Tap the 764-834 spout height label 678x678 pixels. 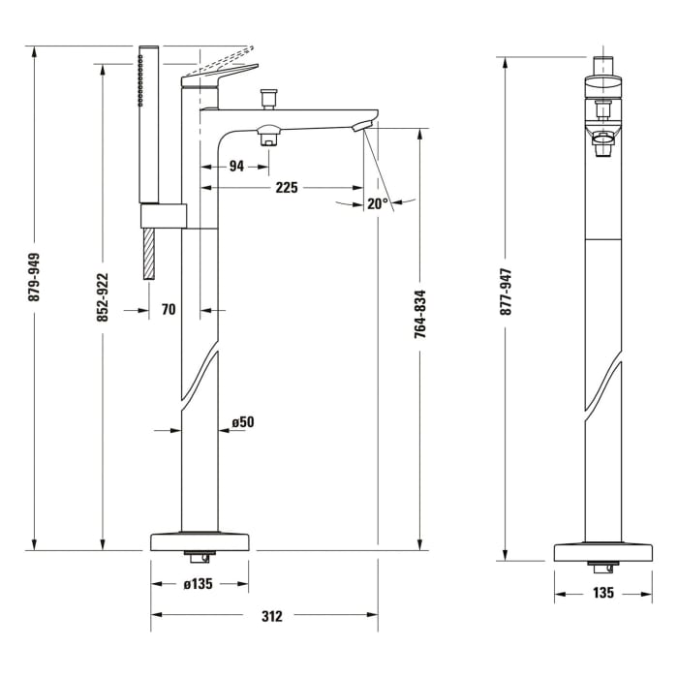click(419, 314)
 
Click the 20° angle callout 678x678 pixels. click(377, 203)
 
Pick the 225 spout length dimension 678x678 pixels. click(286, 188)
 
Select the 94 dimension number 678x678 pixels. click(235, 166)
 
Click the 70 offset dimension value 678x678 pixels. click(169, 310)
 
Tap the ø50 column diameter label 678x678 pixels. click(242, 422)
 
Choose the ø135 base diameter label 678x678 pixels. click(200, 584)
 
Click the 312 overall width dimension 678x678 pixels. click(272, 615)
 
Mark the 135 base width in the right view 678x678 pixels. click(602, 593)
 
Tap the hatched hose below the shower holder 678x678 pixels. click(149, 255)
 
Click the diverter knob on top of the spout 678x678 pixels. click(267, 98)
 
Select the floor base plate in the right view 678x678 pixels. click(602, 552)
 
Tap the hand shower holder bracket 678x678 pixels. click(163, 216)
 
